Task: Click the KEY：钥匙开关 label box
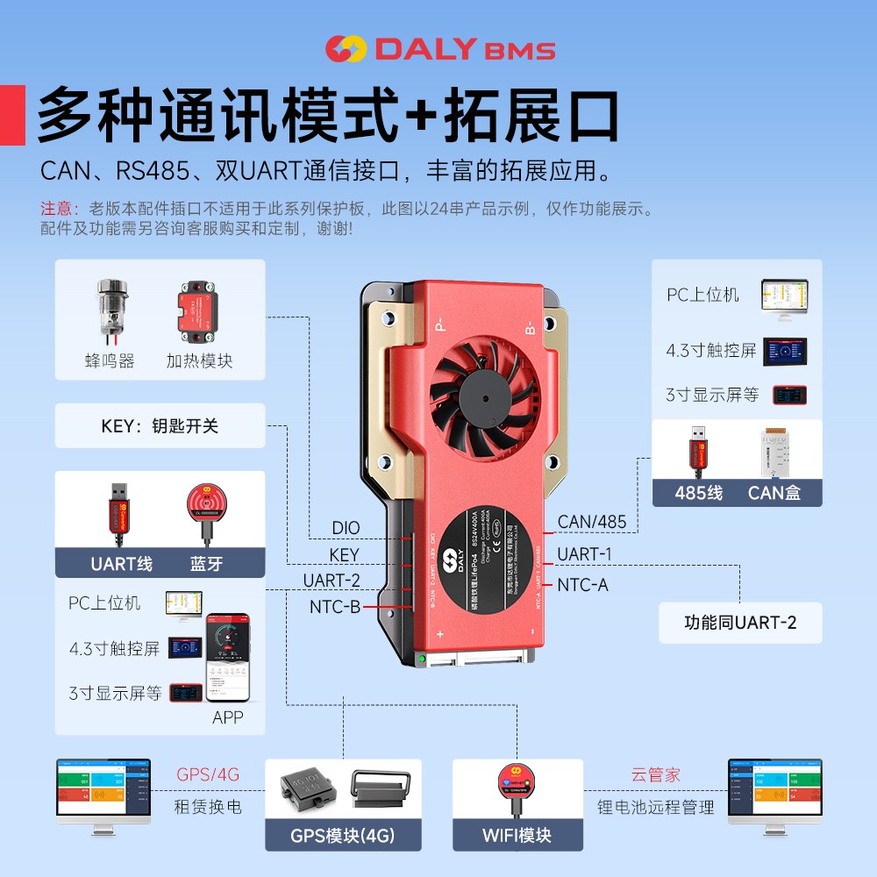coord(160,426)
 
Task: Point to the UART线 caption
coord(121,563)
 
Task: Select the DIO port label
coord(346,529)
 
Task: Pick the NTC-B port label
coord(334,606)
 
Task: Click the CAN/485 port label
coord(592,522)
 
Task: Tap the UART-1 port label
coord(584,553)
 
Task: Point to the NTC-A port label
coord(582,584)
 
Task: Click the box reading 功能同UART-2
coord(740,623)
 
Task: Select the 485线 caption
coord(698,492)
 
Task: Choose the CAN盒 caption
coord(774,492)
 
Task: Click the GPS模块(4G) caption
coord(343,835)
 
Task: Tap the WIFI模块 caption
coord(517,835)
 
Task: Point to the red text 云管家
coord(655,775)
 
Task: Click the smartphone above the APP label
coord(228,658)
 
